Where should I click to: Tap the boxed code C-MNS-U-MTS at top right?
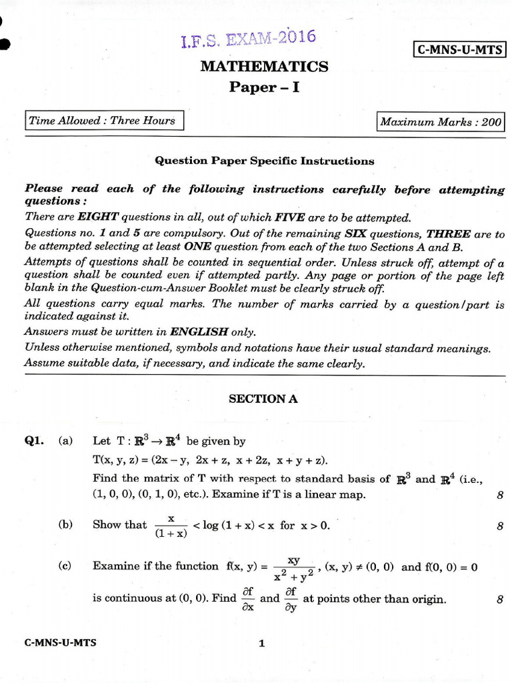459,49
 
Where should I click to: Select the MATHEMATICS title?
264,67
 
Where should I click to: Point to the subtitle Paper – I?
264,87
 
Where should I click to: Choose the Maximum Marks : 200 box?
440,122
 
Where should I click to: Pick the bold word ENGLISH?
199,331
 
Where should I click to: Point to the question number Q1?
34,441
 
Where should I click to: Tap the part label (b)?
65,525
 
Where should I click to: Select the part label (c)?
65,566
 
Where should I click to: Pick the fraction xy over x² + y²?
293,568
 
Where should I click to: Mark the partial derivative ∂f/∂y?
291,598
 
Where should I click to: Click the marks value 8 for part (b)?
499,526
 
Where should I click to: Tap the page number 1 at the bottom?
262,644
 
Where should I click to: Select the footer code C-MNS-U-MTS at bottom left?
60,643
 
